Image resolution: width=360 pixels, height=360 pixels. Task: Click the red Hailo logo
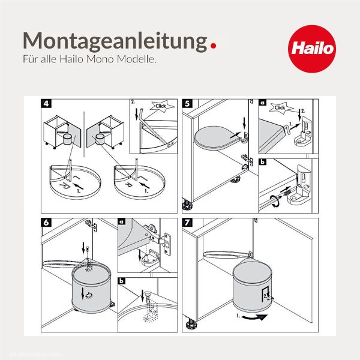[310, 47]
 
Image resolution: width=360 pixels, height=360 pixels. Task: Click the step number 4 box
[46, 103]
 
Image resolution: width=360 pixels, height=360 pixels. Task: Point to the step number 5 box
[187, 103]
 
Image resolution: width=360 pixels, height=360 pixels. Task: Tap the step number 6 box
[46, 222]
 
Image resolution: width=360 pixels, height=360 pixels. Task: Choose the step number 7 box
[187, 222]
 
